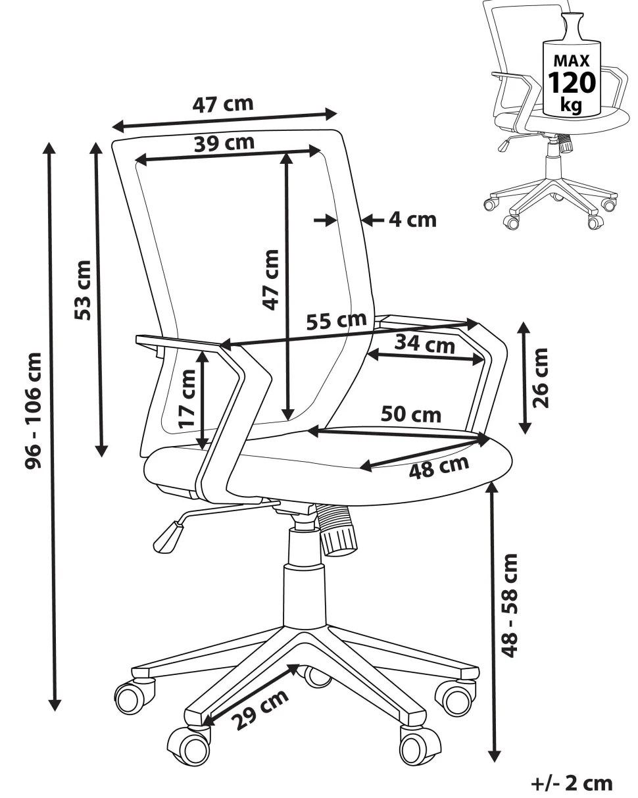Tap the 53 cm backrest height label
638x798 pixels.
[84, 290]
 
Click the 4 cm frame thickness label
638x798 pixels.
[412, 219]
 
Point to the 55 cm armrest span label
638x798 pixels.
[336, 321]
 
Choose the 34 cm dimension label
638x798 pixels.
[424, 343]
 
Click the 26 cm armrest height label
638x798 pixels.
[541, 378]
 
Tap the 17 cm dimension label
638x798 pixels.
[188, 398]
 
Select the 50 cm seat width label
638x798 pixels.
[411, 414]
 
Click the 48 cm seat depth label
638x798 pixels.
[439, 466]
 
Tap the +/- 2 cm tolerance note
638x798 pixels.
[572, 783]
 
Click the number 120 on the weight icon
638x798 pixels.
[572, 83]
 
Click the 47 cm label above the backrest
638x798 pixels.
[222, 104]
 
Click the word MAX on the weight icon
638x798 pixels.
[572, 61]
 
